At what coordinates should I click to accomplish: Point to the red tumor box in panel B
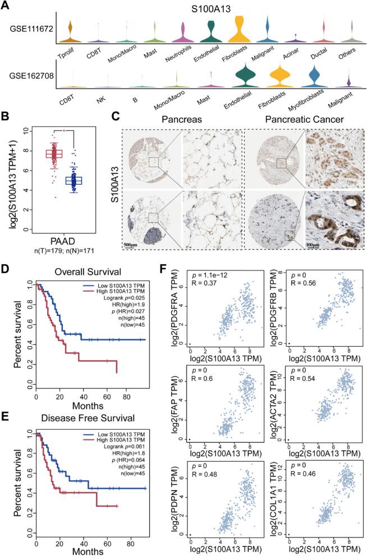pyautogui.click(x=54, y=153)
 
